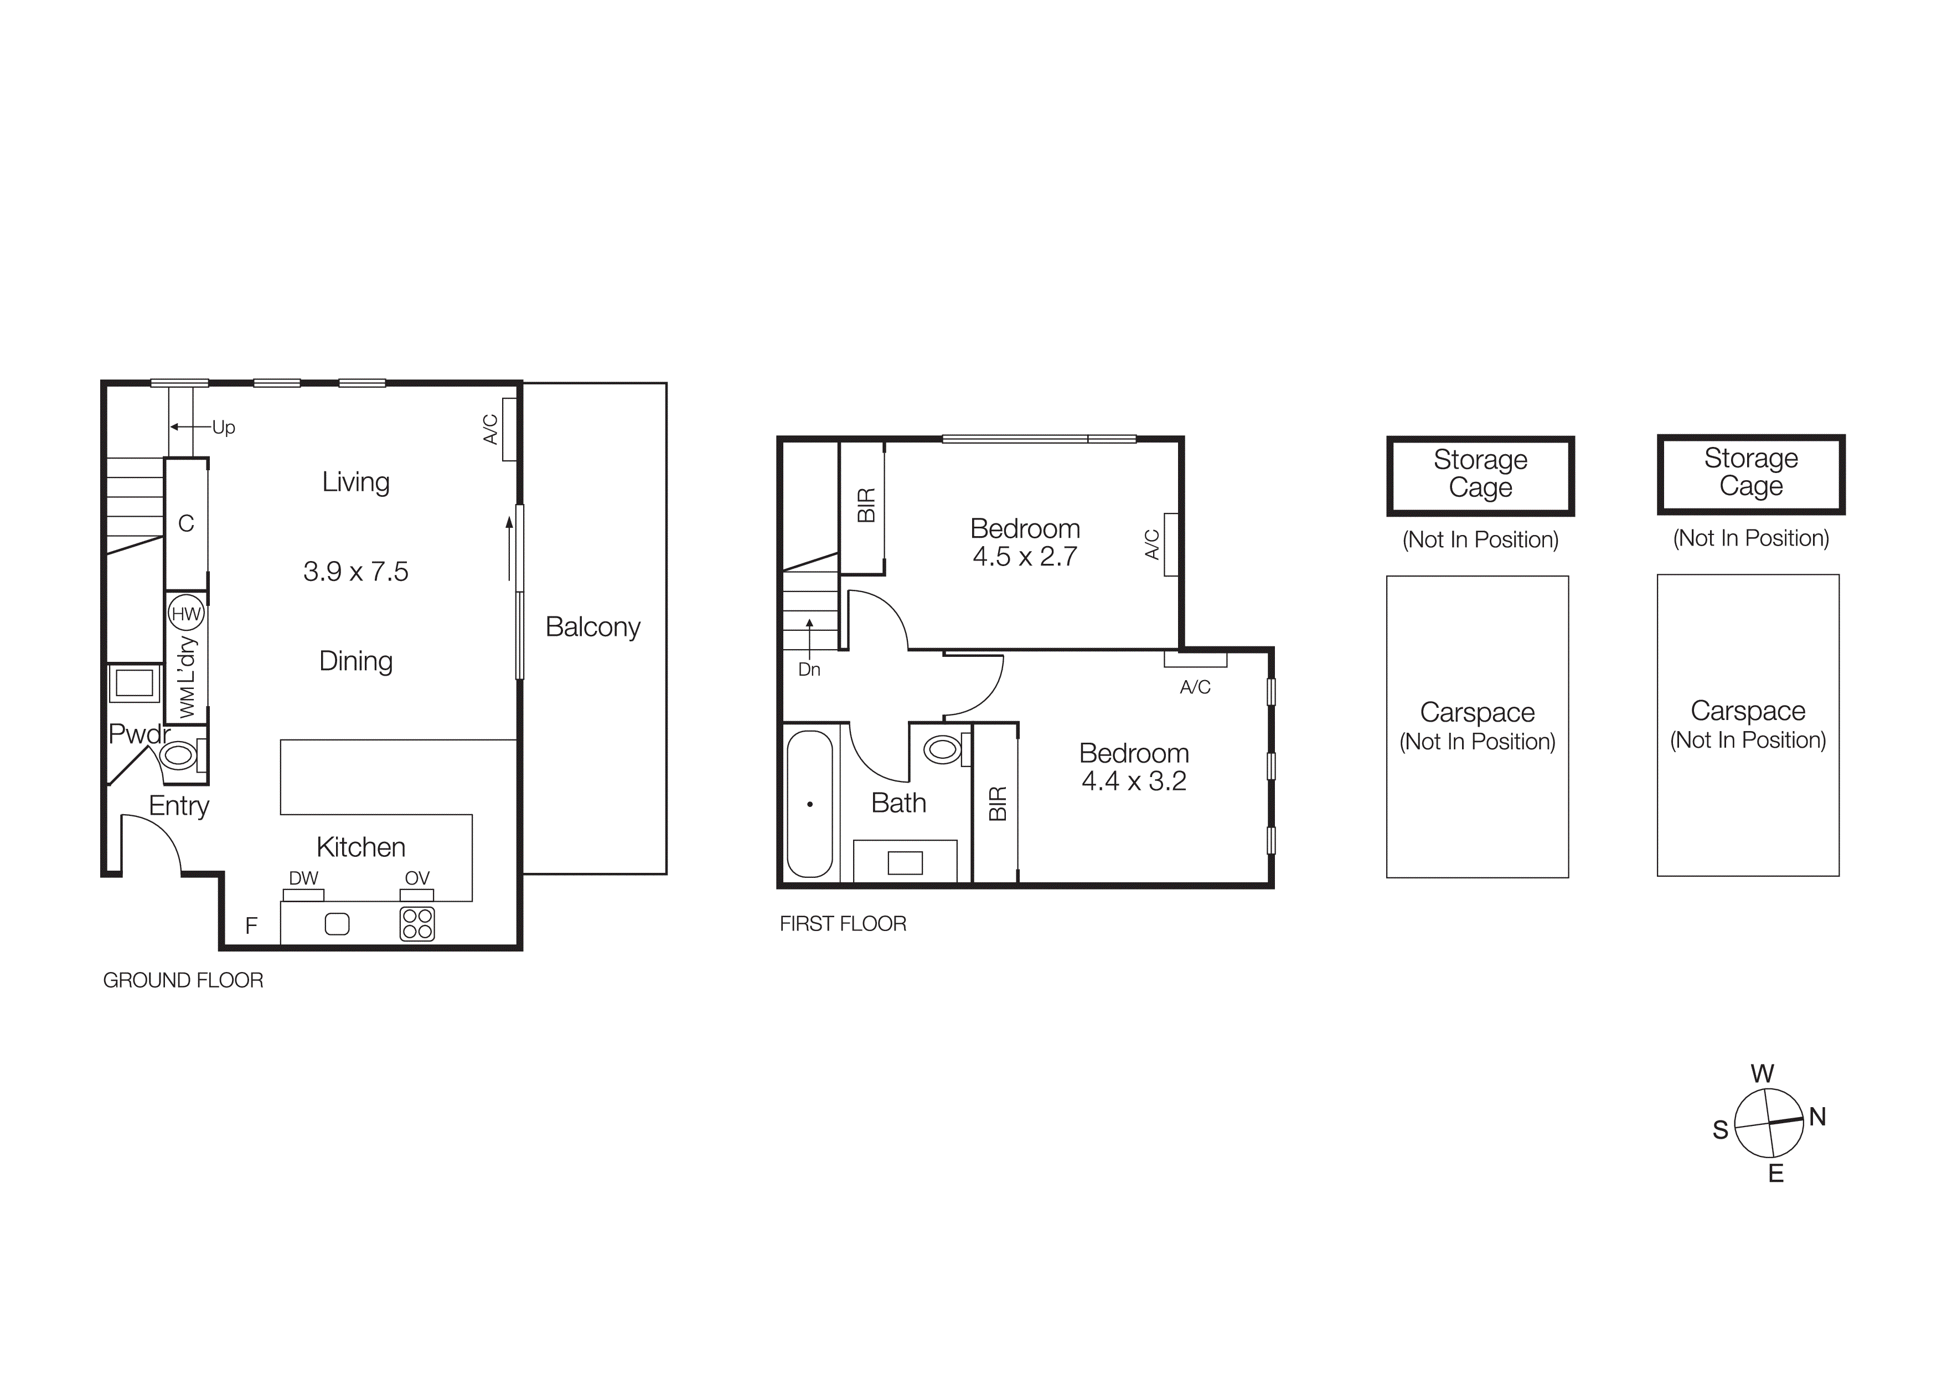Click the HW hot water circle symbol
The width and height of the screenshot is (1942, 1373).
(x=186, y=613)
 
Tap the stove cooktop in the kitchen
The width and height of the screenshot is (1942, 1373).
(x=417, y=924)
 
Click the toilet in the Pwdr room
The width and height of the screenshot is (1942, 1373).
(x=179, y=754)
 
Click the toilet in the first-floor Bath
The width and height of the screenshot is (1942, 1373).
(x=944, y=749)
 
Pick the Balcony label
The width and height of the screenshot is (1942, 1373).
(x=593, y=627)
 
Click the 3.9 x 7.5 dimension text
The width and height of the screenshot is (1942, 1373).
(x=356, y=572)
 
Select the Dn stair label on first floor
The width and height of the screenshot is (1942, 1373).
(x=809, y=669)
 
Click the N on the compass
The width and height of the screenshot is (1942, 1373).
(x=1817, y=1117)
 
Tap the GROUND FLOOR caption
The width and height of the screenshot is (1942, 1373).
(x=183, y=980)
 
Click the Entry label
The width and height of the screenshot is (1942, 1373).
(x=178, y=805)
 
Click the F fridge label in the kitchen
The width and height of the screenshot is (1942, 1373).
(x=251, y=925)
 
